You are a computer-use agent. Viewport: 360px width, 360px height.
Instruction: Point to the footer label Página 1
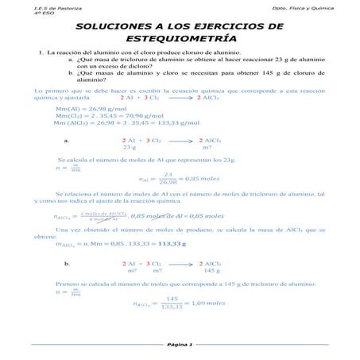tap(180, 344)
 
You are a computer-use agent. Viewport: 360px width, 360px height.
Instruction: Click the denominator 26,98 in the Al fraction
tap(168, 183)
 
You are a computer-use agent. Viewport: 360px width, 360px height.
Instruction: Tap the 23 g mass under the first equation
tap(129, 147)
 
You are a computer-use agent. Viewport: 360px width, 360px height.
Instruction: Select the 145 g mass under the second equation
tap(211, 269)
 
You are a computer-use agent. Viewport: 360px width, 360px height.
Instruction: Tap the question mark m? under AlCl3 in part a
tap(207, 147)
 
